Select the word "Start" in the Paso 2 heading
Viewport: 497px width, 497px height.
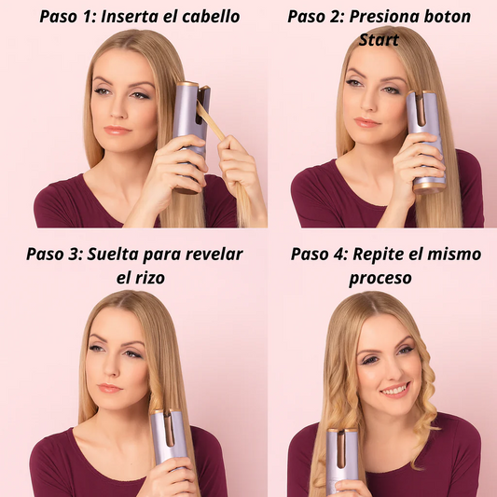(379, 40)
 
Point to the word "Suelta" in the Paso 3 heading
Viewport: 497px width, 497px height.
(113, 254)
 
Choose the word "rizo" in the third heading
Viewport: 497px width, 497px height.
(150, 278)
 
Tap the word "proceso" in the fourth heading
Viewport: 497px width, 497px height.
(380, 279)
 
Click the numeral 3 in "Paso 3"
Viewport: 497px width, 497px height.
(76, 255)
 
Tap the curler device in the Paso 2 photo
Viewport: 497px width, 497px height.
(425, 141)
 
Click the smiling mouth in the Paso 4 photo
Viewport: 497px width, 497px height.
(395, 390)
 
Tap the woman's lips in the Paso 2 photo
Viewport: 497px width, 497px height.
(366, 122)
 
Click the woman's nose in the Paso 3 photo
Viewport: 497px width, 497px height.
(109, 367)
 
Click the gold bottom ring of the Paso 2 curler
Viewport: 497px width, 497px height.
(430, 187)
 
